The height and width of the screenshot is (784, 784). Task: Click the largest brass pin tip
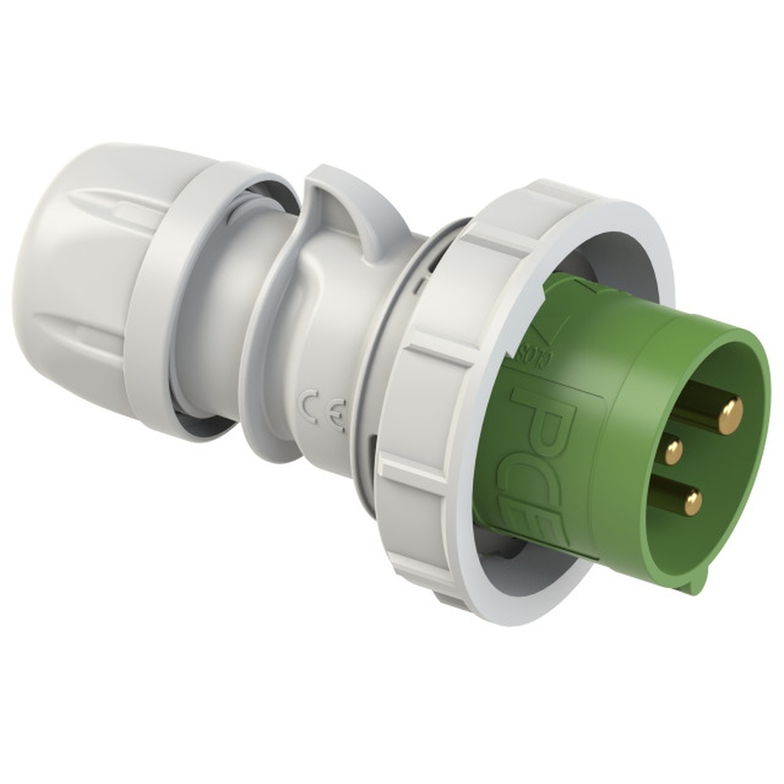731,416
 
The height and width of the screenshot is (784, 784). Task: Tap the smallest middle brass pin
673,451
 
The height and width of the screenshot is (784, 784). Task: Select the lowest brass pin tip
692,503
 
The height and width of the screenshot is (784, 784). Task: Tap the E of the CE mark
336,419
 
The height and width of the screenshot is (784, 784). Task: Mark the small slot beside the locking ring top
423,278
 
